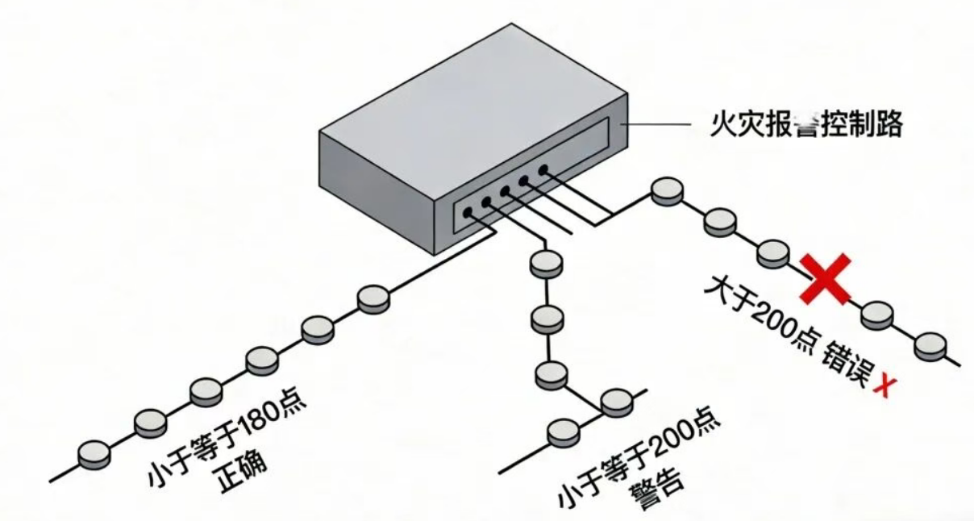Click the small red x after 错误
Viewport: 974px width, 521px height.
pos(884,386)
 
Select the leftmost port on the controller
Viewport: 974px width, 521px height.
pos(467,213)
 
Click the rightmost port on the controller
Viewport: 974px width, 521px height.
pos(543,169)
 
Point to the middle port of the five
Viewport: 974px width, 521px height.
pos(506,191)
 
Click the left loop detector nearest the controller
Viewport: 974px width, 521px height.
pos(373,298)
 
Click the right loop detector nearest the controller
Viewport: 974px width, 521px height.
pos(668,190)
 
